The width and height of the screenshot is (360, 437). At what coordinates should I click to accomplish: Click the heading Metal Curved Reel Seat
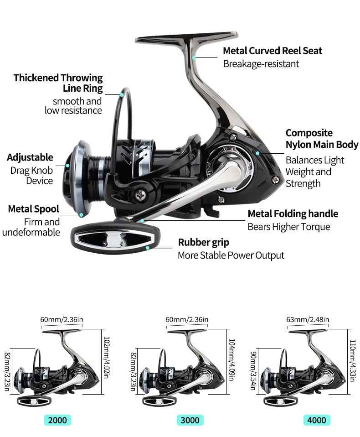272,51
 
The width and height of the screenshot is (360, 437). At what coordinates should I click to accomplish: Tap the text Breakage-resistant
261,64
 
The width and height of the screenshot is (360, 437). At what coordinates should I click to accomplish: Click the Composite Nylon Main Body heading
321,139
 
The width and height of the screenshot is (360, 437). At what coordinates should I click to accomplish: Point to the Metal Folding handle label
293,213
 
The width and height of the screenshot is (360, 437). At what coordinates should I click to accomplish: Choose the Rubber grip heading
203,242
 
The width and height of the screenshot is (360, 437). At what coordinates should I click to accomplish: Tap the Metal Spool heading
34,209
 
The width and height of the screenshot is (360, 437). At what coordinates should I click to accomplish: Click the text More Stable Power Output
231,255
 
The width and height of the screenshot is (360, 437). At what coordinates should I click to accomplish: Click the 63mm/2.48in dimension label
307,319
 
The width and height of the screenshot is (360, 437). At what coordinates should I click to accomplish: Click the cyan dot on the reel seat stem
194,57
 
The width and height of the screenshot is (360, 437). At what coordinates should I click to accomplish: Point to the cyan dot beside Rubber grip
147,248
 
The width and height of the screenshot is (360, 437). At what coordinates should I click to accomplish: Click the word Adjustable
30,158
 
